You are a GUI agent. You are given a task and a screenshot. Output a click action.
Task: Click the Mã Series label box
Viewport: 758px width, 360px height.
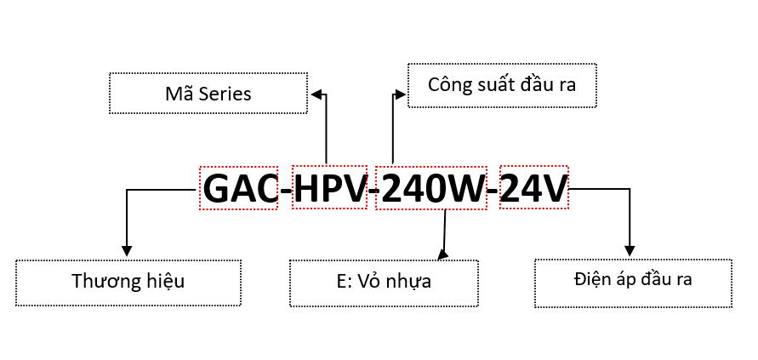208,94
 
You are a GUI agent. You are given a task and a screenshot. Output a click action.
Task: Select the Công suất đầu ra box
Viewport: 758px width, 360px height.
502,85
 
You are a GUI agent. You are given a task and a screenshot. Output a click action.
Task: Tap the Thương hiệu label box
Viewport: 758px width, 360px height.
128,282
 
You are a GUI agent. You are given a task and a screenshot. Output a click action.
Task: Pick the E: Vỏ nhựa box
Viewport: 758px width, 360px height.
384,283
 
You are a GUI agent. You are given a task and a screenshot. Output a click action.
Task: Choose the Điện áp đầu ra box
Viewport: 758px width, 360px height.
633,282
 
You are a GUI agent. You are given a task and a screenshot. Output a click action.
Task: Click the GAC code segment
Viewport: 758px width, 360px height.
239,188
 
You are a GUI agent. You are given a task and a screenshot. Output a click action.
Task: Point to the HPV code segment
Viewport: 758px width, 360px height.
330,188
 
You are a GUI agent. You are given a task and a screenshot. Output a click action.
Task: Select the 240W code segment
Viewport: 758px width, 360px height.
432,188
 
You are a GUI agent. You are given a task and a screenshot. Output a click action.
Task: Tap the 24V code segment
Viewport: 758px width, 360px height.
533,188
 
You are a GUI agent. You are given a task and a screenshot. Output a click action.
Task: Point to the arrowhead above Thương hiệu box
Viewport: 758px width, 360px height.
127,251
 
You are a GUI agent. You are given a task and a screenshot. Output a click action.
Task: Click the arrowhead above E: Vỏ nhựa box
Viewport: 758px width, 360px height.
442,253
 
